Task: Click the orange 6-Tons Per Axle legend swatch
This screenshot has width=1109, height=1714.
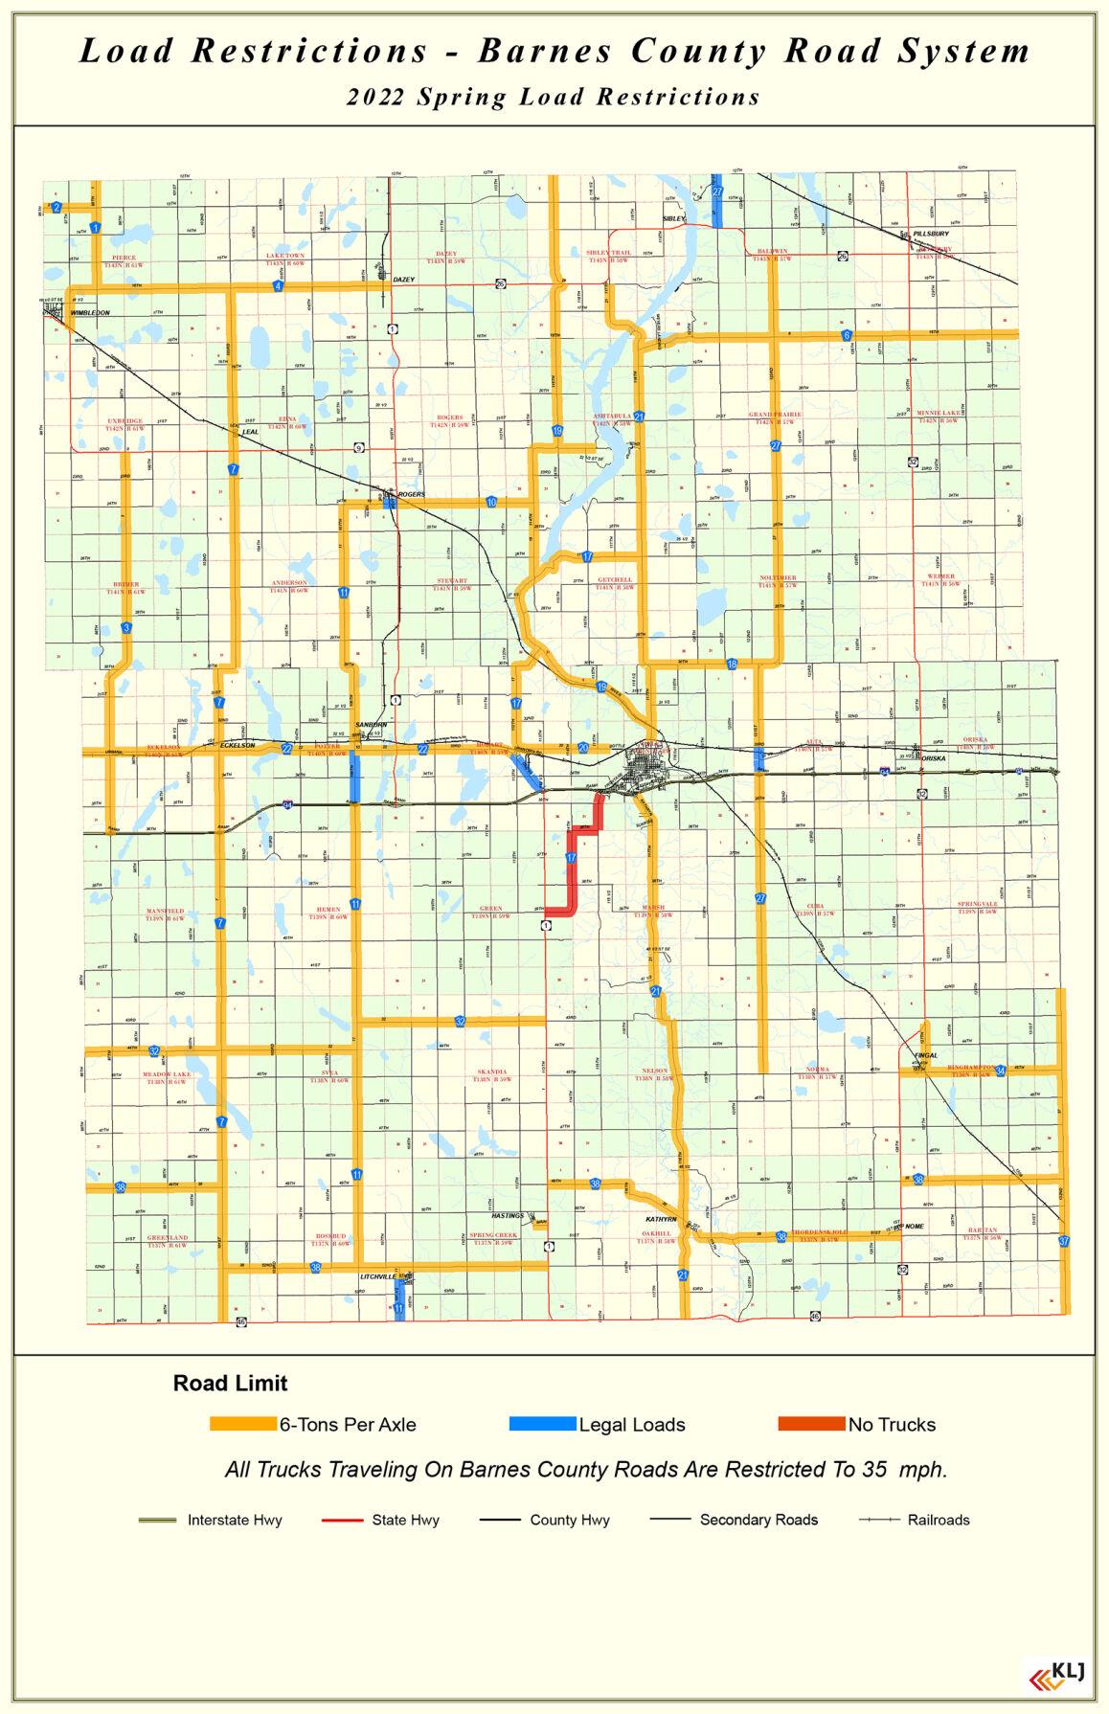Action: point(243,1424)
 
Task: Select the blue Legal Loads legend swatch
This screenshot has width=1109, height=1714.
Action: point(542,1424)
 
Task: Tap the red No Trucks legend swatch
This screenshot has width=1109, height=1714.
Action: point(811,1424)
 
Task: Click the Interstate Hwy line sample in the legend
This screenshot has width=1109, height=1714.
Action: point(158,1520)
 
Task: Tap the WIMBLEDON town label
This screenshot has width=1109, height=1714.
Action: point(90,313)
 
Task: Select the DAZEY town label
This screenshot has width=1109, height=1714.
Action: point(404,279)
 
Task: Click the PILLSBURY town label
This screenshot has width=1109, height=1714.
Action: point(931,234)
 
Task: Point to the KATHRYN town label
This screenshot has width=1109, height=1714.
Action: point(661,1219)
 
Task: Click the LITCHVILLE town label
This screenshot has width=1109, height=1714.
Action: point(378,1276)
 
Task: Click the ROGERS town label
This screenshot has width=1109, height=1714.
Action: point(411,494)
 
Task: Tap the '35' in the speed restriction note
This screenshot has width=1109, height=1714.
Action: point(872,1469)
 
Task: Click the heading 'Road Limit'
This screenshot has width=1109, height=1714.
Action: point(230,1383)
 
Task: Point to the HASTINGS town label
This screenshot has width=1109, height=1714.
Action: point(508,1215)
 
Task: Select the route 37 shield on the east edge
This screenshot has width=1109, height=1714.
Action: point(1064,1241)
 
